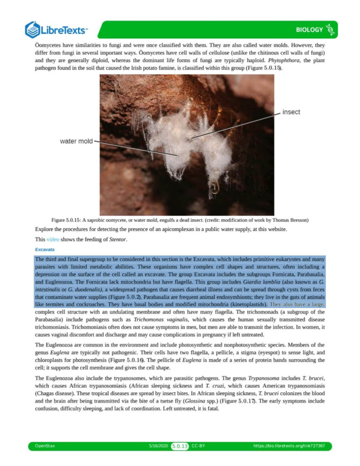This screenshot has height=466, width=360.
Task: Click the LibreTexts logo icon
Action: (x=32, y=30)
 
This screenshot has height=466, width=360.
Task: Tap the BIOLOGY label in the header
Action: (x=309, y=30)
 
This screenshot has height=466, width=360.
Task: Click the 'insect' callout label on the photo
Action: (x=291, y=112)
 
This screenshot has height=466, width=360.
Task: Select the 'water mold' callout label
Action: (x=76, y=141)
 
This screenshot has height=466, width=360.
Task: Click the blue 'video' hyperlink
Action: (x=53, y=239)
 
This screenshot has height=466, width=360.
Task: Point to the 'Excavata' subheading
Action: (x=44, y=249)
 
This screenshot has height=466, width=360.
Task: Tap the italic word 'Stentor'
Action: (x=117, y=239)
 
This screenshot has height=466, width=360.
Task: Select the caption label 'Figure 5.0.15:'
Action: (x=66, y=220)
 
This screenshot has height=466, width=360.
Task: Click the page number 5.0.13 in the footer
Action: (x=180, y=446)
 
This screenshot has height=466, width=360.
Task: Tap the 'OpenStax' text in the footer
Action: (x=45, y=446)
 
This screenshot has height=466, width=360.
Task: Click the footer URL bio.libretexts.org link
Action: (x=289, y=446)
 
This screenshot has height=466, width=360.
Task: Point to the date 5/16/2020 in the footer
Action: (x=158, y=446)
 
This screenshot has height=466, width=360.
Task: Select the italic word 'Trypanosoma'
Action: (x=264, y=378)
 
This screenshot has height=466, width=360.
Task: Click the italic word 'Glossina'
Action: (x=194, y=401)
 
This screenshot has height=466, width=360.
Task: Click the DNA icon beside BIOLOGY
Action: (x=330, y=30)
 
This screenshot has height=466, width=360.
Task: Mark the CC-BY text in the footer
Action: (x=198, y=446)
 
